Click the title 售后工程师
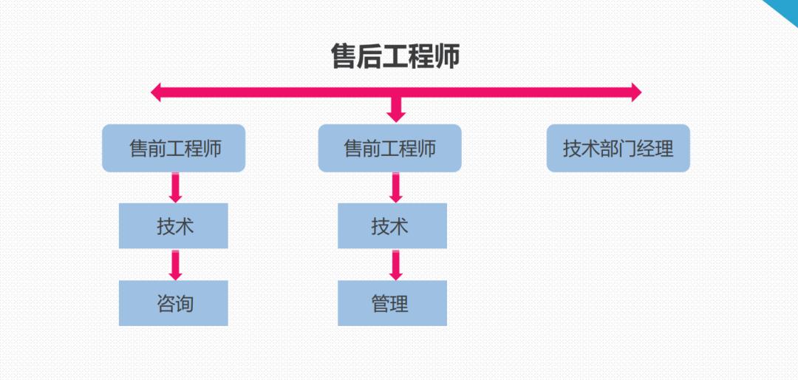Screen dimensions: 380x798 pos(395,57)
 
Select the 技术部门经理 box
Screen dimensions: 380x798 pos(618,149)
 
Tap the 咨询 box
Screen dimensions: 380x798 pos(174,303)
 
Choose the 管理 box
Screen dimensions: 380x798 pos(392,303)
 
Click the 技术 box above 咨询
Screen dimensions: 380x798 pos(174,226)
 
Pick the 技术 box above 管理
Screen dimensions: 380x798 pos(392,226)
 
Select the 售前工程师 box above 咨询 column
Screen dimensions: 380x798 pos(174,149)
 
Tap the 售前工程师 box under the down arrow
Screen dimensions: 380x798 pos(389,149)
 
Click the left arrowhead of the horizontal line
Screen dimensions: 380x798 pos(156,92)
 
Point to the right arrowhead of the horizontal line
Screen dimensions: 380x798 pos(635,92)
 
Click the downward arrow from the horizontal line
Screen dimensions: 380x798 pos(397,109)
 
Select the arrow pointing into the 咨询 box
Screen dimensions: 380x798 pos(175,265)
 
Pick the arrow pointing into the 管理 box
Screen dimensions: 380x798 pos(396,265)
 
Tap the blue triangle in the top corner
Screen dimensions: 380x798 pos(785,9)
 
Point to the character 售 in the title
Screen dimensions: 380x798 pos(344,57)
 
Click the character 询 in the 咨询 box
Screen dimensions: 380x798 pos(185,303)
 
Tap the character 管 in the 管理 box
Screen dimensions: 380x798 pos(381,303)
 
